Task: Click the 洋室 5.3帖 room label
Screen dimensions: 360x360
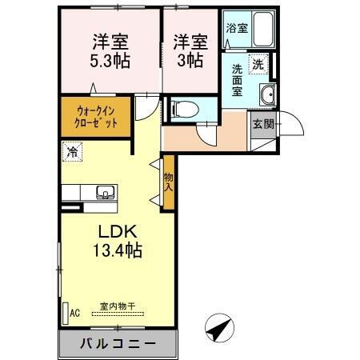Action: [x=111, y=50]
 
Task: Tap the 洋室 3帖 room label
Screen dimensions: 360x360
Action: [x=190, y=50]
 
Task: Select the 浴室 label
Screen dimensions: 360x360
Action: [x=236, y=28]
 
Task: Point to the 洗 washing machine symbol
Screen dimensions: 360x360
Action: [x=258, y=62]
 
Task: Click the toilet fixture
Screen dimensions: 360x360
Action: [x=182, y=108]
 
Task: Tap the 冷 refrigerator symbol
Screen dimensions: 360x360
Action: [x=73, y=150]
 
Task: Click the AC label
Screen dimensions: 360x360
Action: [x=75, y=314]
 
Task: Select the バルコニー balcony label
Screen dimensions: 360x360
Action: [x=117, y=344]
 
